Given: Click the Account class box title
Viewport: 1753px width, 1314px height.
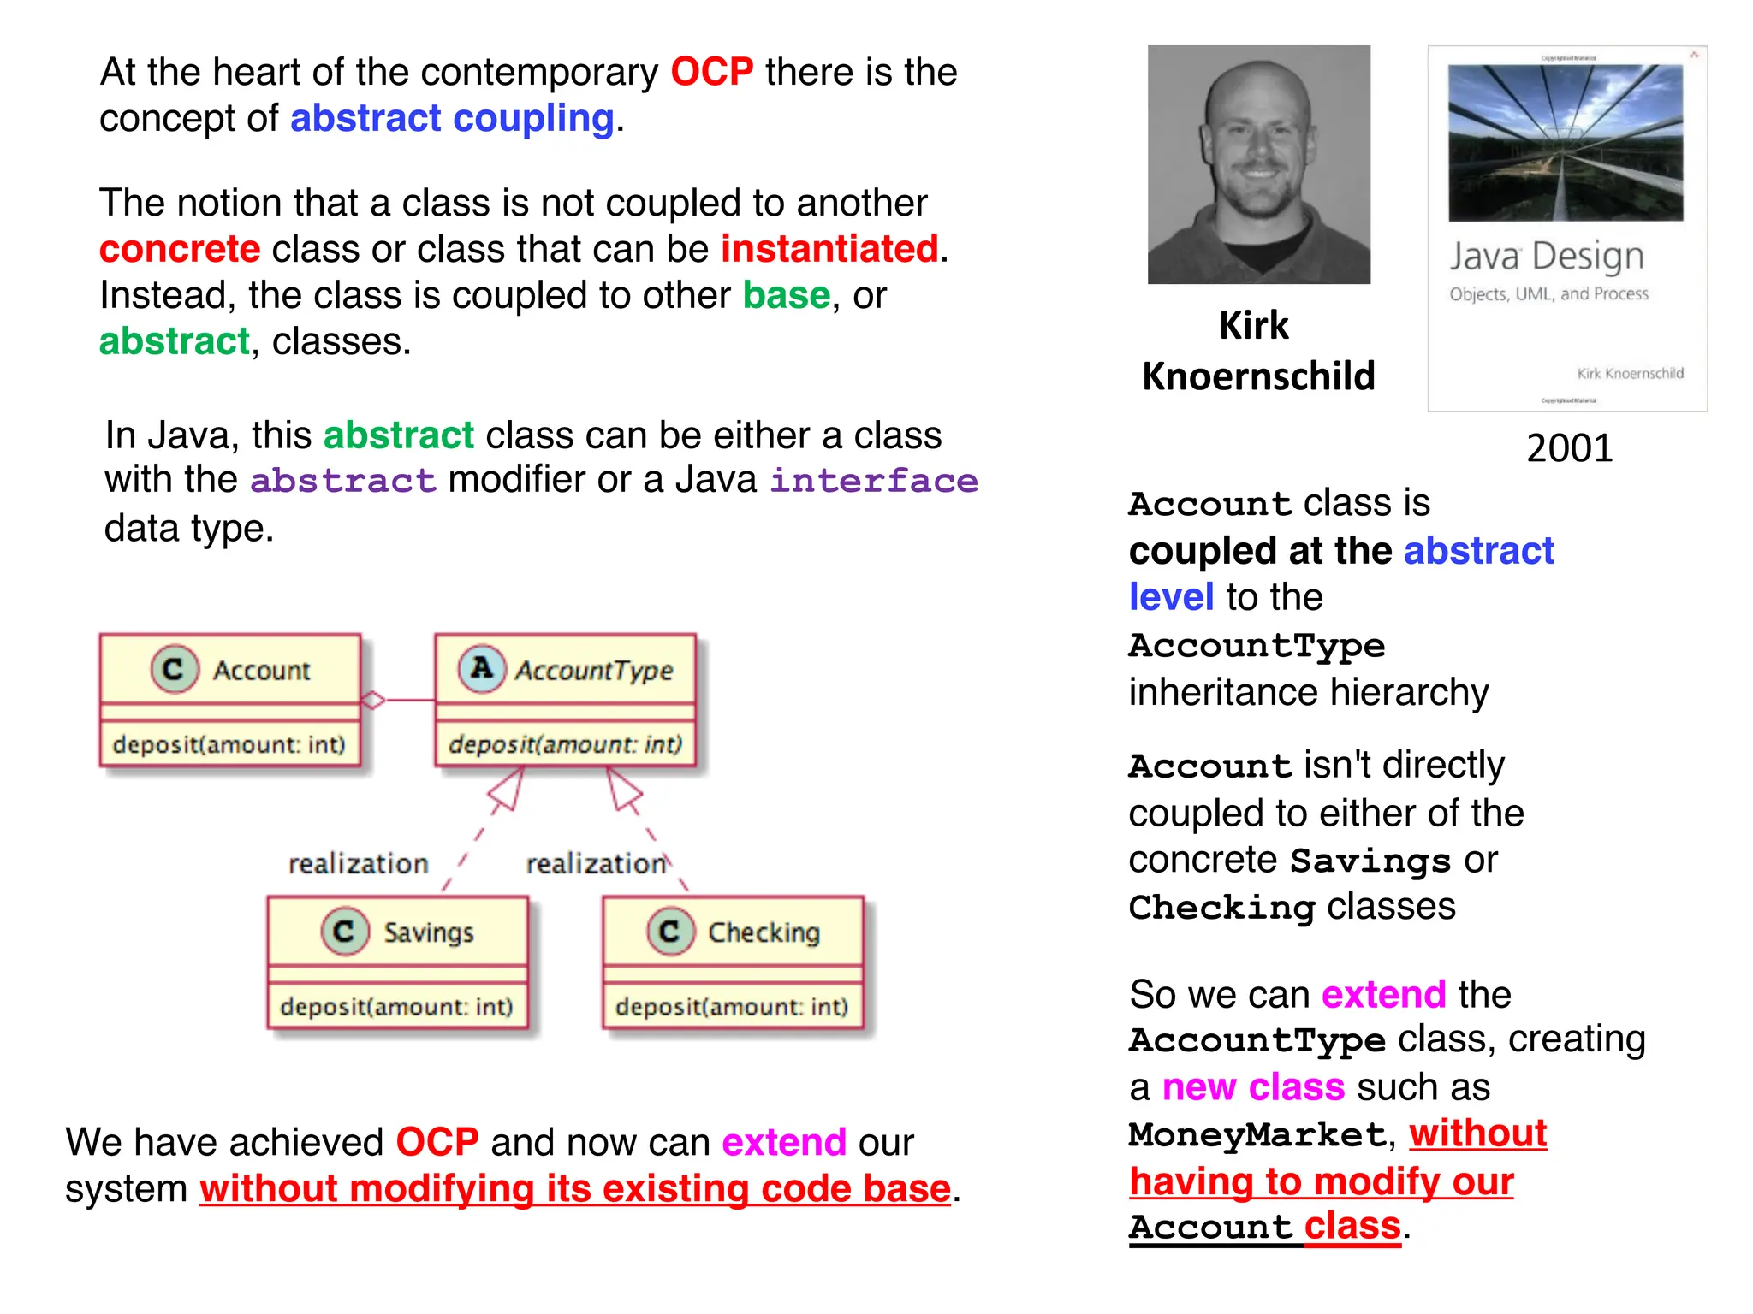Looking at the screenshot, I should coord(261,670).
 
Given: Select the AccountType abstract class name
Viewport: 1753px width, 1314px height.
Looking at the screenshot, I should coord(594,670).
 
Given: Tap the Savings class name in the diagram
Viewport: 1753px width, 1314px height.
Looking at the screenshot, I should coord(428,932).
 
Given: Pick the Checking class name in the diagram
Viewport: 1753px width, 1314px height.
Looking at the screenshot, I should coord(764,932).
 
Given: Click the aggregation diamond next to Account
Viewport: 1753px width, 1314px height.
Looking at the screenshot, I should coord(372,701).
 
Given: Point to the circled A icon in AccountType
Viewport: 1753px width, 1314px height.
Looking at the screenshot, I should coord(482,668).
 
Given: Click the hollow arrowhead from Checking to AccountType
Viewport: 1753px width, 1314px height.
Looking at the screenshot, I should coord(622,789).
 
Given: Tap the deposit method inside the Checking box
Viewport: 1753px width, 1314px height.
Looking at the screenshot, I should coord(732,1007).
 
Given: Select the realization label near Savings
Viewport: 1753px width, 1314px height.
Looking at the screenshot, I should coord(358,864).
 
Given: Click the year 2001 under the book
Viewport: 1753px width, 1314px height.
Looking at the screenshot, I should coord(1569,448).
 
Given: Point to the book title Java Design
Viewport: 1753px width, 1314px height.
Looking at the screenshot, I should coord(1546,256).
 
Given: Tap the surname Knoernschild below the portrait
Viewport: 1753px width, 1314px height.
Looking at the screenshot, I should coord(1258,376).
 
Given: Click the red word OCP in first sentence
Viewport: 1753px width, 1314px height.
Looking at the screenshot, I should coord(711,72).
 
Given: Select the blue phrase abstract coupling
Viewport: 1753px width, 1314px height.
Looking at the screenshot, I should coord(452,118).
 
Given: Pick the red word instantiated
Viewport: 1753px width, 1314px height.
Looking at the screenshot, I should coord(829,249).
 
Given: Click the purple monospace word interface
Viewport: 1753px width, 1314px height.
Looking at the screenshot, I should coord(873,481).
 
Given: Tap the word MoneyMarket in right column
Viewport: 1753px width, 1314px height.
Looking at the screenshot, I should coord(1257,1135).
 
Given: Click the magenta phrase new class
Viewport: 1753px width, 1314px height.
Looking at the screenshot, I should coord(1253,1087).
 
